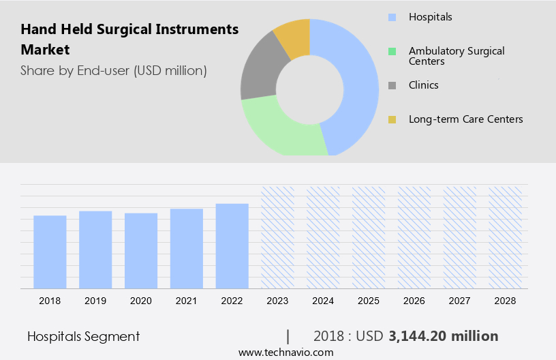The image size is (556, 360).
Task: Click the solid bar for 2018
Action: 50,252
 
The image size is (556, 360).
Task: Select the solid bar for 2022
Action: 232,245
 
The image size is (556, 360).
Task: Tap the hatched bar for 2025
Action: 369,237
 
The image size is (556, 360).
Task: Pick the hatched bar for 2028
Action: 506,237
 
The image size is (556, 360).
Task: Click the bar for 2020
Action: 141,250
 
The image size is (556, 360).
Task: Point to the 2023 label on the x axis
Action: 277,301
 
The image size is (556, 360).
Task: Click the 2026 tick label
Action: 414,301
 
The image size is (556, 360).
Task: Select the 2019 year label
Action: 95,301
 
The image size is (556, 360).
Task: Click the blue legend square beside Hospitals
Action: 392,17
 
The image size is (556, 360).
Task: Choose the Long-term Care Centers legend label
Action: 465,119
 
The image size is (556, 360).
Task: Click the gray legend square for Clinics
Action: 392,86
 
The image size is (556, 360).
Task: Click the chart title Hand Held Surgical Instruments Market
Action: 129,39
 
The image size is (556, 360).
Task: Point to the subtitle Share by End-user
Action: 113,70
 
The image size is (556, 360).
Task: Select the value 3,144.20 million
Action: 443,336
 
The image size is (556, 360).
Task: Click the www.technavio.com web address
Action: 285,352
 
